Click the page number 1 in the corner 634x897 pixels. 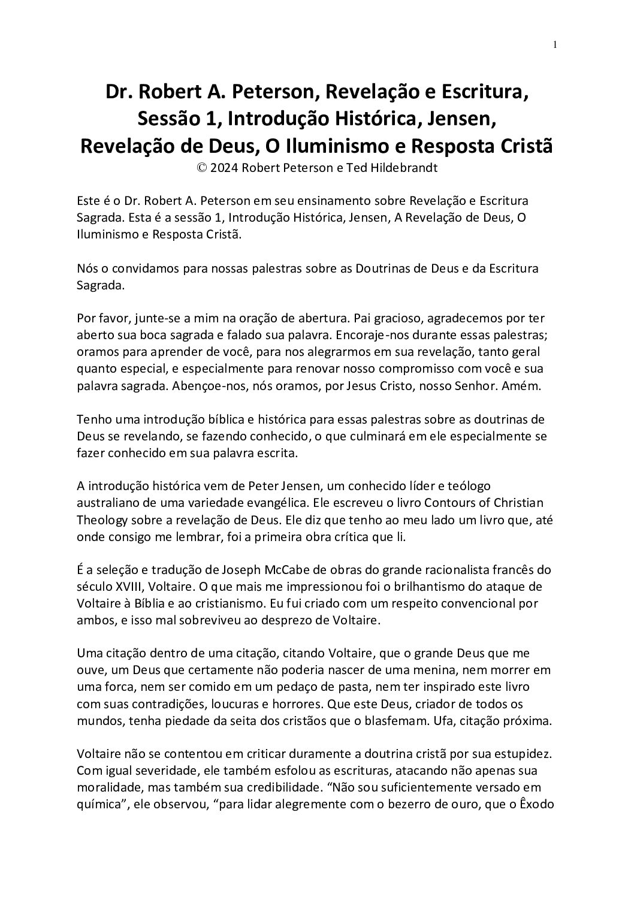click(555, 44)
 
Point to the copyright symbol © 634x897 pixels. click(203, 168)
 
